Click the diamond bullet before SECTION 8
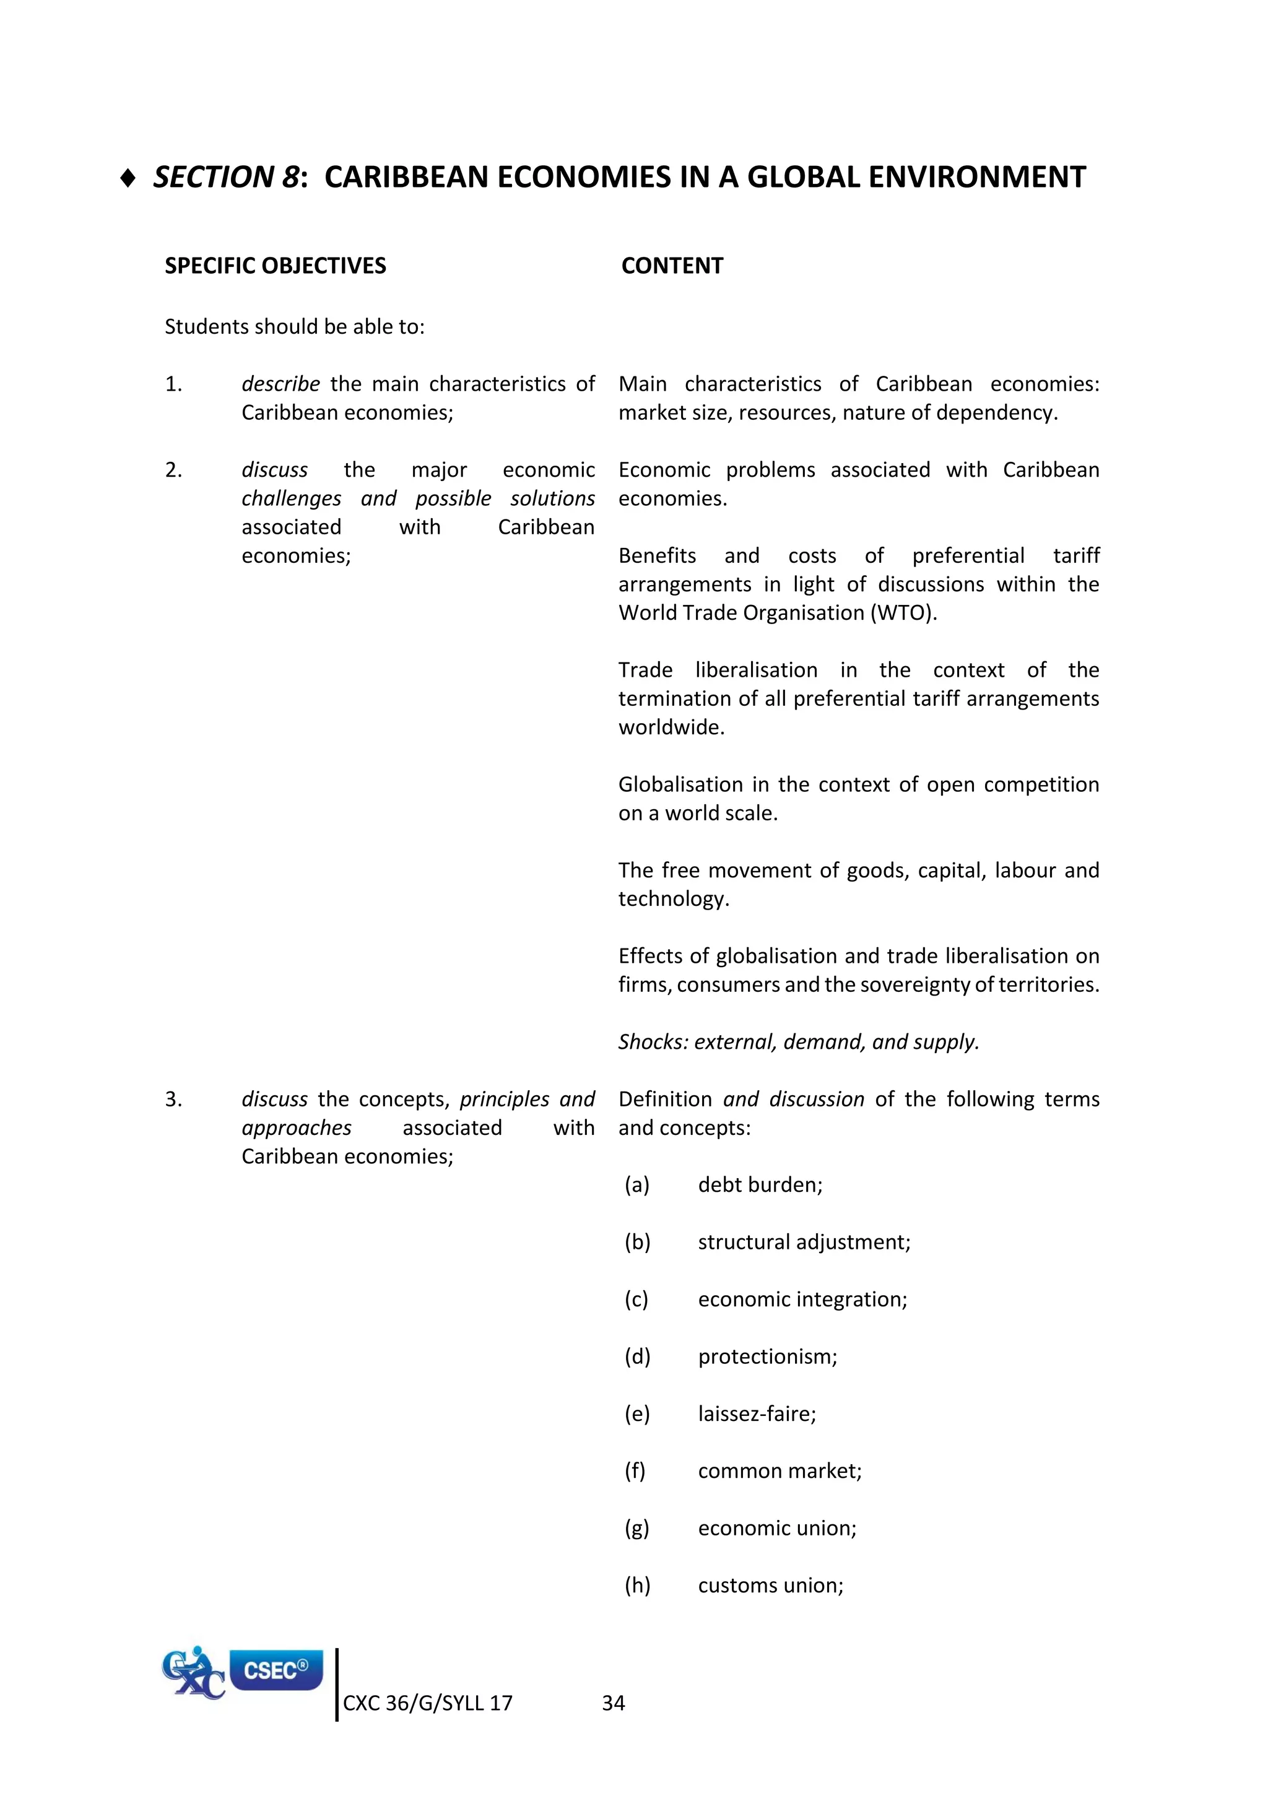coord(129,179)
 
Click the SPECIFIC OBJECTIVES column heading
coord(275,266)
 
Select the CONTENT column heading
coord(672,266)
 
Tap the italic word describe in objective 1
coord(280,384)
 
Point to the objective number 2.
coord(173,470)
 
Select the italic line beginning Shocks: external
coord(798,1042)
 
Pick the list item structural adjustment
coord(804,1243)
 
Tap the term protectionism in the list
coord(766,1357)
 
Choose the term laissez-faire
coord(757,1414)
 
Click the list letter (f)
coord(635,1471)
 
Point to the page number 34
coord(613,1704)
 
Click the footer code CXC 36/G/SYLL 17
coord(427,1704)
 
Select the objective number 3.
coord(173,1100)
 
